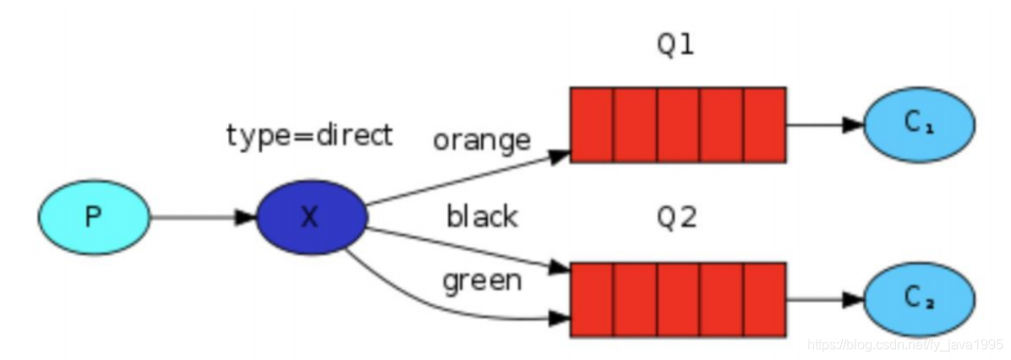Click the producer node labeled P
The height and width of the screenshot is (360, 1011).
(x=93, y=216)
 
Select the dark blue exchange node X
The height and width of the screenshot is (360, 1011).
(x=310, y=216)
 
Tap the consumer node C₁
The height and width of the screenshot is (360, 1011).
(x=919, y=123)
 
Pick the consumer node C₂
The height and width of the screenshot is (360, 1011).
(x=919, y=299)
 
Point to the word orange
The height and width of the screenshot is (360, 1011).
(x=482, y=139)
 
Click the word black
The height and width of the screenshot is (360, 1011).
(x=482, y=216)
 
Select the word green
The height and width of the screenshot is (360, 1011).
(x=483, y=280)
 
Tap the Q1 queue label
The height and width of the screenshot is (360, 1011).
(x=675, y=46)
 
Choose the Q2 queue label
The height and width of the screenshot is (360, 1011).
(x=677, y=218)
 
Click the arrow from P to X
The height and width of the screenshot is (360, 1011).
(x=202, y=216)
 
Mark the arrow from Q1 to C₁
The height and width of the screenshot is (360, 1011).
(x=824, y=124)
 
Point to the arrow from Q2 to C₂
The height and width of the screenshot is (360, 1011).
(x=824, y=300)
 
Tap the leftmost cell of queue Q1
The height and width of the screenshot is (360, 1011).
(x=591, y=124)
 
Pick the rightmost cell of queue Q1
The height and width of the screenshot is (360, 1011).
(x=765, y=124)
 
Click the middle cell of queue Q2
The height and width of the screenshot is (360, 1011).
(x=678, y=300)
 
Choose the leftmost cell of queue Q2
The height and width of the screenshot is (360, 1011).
(x=591, y=300)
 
